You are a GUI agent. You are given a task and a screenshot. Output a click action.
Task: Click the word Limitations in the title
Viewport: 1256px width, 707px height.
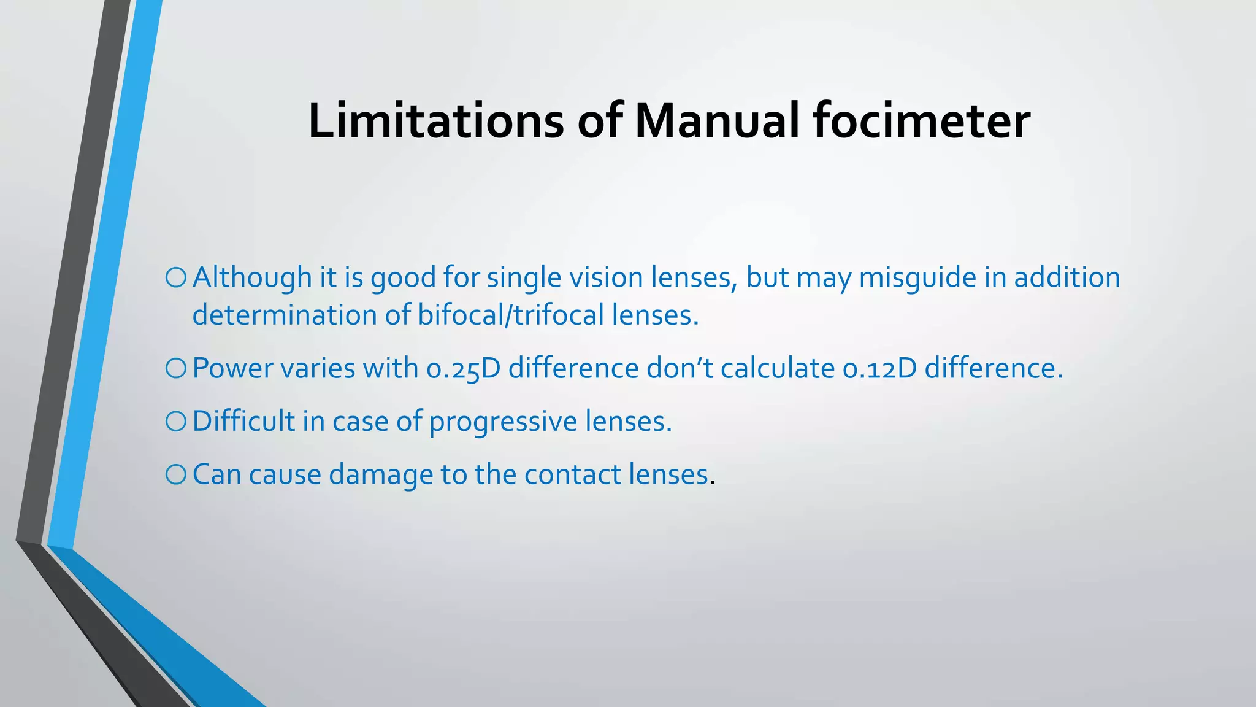[x=435, y=121]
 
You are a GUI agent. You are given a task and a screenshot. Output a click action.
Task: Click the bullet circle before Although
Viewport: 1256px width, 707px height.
[x=175, y=277]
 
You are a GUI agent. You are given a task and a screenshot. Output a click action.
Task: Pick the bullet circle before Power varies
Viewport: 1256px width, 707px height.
[x=175, y=368]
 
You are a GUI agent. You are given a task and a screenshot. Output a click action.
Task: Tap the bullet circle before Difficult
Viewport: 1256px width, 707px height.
[x=175, y=421]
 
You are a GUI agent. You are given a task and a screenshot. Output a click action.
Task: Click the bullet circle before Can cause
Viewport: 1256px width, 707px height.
[x=175, y=474]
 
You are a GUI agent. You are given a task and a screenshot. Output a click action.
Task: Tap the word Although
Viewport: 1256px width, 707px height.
[x=252, y=277]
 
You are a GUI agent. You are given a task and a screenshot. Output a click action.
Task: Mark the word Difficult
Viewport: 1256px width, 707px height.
[x=243, y=421]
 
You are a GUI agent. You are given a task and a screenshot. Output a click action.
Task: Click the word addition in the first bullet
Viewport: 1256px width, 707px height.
[x=1066, y=277]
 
